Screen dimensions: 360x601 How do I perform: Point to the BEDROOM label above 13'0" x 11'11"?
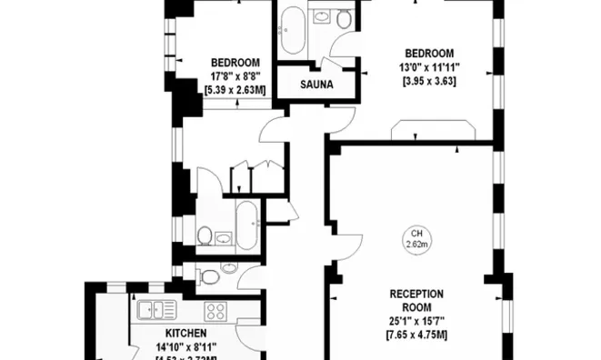click(x=429, y=52)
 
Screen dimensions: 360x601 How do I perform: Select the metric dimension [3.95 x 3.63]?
click(x=429, y=80)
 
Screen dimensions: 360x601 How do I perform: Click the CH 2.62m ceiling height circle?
click(x=416, y=239)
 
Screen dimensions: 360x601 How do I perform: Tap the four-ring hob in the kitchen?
click(x=215, y=311)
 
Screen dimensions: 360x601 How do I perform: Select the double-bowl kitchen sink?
click(x=157, y=310)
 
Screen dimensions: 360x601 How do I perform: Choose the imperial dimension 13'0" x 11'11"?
click(x=429, y=66)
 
